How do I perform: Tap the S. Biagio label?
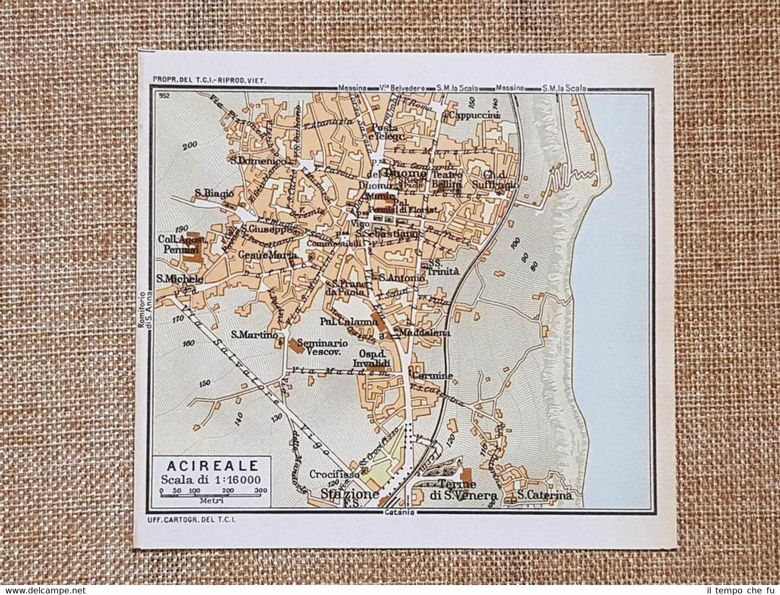[214, 193]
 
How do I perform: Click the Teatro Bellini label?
[447, 180]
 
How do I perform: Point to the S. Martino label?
[254, 334]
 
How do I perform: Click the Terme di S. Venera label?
[457, 489]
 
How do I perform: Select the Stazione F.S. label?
[350, 497]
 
